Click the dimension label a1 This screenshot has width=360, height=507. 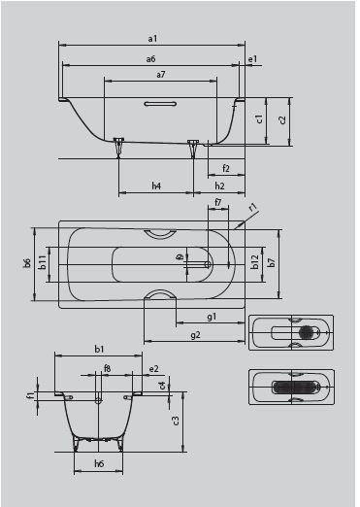tap(152, 39)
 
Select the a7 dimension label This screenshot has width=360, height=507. tap(161, 75)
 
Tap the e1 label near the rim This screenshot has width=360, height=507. tap(252, 59)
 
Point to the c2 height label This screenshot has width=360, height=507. tap(282, 119)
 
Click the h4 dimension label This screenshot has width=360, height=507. tap(156, 186)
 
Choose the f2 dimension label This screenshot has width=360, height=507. tap(226, 168)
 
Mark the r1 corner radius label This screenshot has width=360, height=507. tap(253, 207)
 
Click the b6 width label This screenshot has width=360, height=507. tap(27, 263)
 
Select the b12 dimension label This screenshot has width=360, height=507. tap(255, 262)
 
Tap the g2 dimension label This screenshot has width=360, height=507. tap(195, 334)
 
